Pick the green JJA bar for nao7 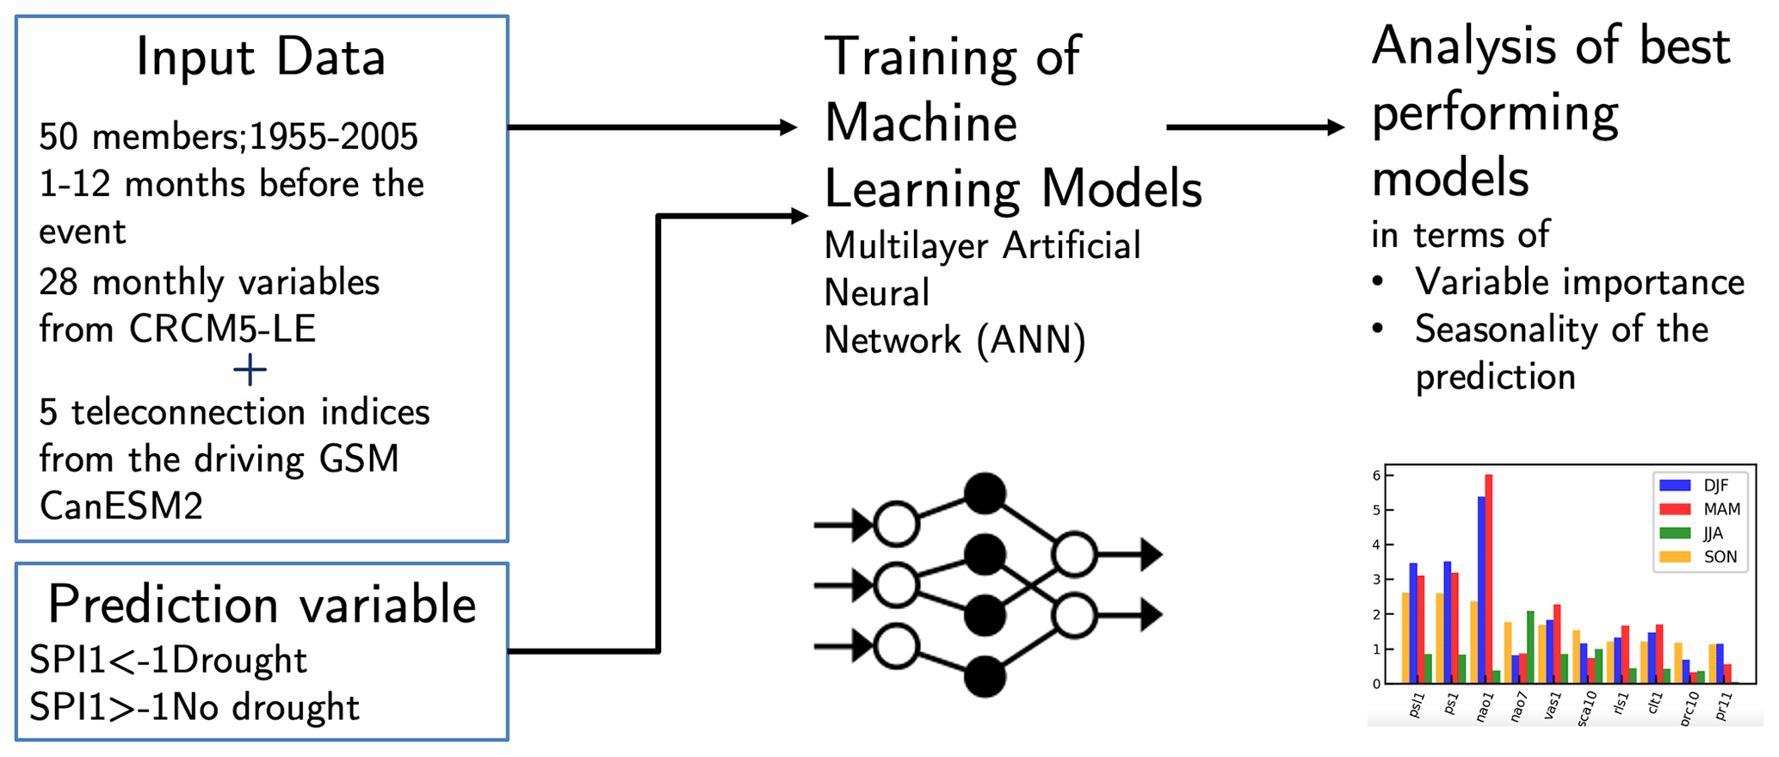click(1530, 647)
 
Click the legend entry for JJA click(1700, 533)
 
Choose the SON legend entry click(1700, 557)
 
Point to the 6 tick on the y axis click(1377, 476)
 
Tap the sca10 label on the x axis click(1585, 709)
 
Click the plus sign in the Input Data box click(250, 371)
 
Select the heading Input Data click(261, 58)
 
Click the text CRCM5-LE click(223, 329)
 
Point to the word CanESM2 click(121, 506)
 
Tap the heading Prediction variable click(262, 604)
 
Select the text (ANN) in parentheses click(1031, 340)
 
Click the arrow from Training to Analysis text click(1253, 127)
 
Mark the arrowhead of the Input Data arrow click(788, 127)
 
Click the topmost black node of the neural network click(985, 494)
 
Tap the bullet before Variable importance click(1379, 282)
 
